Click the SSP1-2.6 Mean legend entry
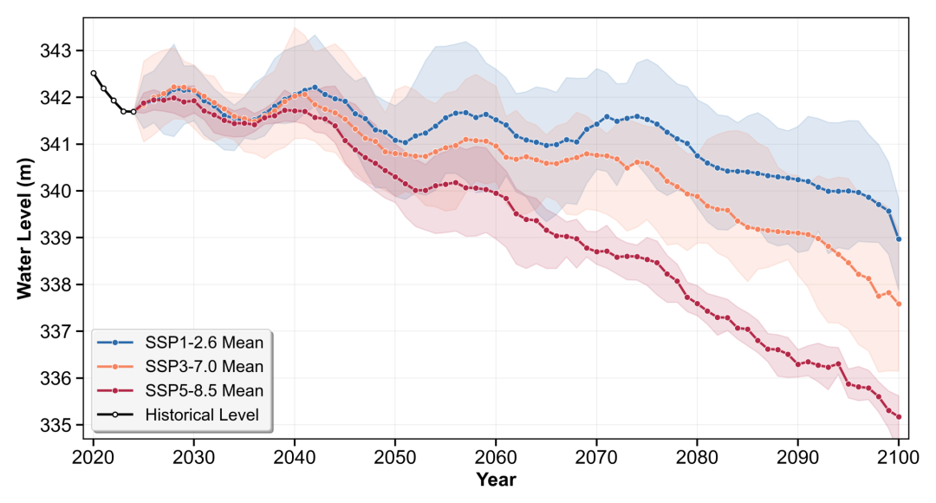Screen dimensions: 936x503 180,343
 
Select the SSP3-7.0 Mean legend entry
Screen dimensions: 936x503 180,366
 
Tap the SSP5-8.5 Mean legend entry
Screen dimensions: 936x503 180,390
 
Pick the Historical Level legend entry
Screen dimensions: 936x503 178,415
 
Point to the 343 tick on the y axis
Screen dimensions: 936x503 55,51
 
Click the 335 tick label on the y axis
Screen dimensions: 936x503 55,425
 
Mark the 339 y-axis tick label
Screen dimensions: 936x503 55,238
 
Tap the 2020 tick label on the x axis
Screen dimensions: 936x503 93,458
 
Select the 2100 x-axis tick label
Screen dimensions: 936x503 899,458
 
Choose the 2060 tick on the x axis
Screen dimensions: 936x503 496,458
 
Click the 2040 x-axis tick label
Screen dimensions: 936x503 295,458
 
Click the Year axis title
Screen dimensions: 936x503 496,480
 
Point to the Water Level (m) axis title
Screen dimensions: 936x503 24,229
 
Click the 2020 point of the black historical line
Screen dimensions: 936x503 93,74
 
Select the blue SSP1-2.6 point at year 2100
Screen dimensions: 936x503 899,239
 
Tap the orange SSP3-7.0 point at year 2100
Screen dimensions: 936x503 899,304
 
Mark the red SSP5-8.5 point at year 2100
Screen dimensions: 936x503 899,417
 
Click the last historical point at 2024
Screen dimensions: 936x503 133,112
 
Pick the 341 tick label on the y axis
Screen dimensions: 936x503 55,145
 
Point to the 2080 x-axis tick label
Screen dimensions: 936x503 697,458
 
